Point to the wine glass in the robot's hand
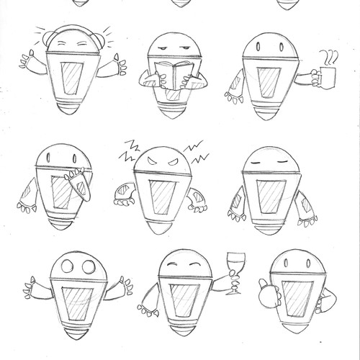click(232, 266)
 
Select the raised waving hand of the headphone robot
click(30, 58)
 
